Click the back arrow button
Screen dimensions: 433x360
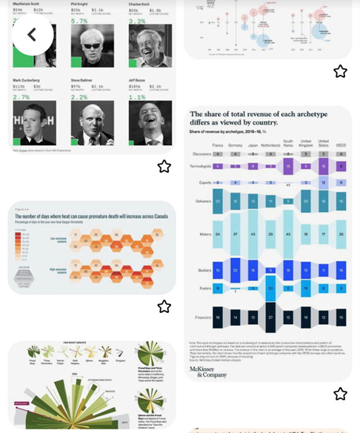(x=32, y=35)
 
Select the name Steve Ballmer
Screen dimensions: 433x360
(x=84, y=79)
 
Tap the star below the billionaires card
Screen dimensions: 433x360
(x=164, y=166)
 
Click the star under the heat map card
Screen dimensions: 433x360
(x=164, y=306)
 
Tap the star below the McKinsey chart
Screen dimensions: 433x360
(x=340, y=394)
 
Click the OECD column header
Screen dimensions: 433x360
(x=340, y=145)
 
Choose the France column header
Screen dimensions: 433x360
(x=217, y=145)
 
